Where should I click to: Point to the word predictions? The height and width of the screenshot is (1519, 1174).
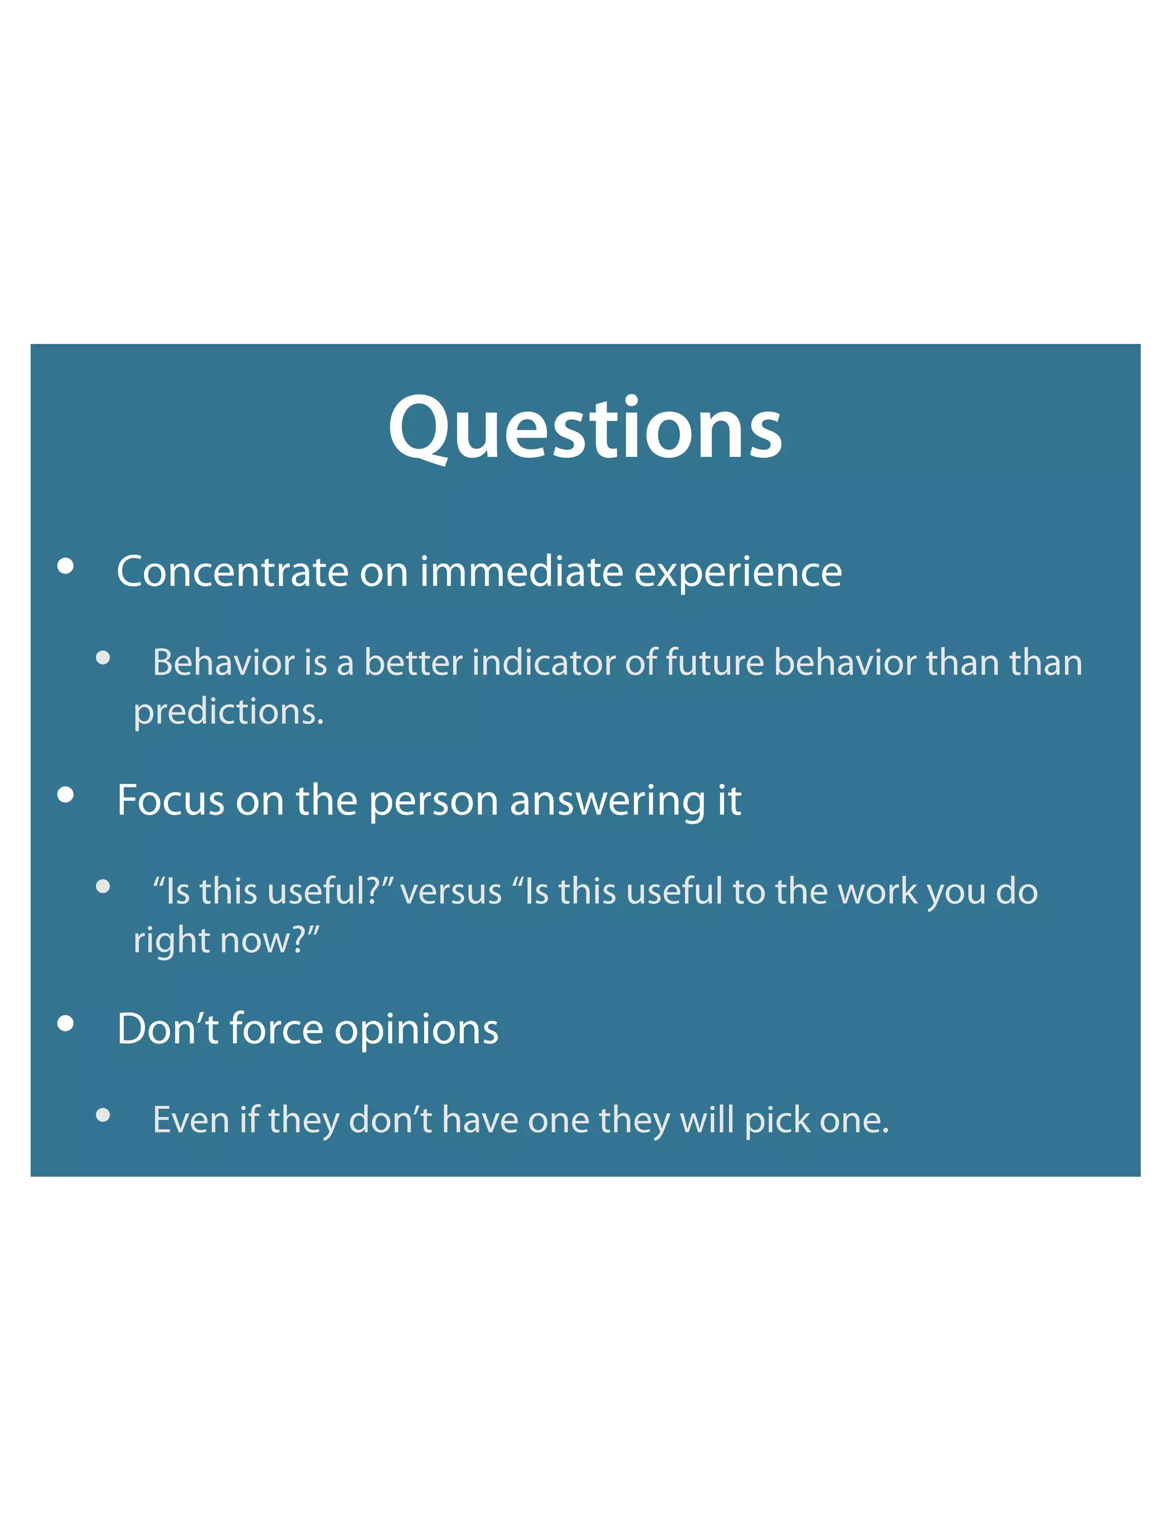point(228,712)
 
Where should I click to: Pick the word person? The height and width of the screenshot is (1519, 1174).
point(433,801)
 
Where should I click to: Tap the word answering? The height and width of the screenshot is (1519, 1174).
point(608,801)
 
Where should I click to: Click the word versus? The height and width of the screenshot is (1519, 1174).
point(451,892)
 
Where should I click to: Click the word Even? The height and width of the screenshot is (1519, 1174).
point(190,1120)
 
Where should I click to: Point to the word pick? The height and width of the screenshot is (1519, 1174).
point(770,1121)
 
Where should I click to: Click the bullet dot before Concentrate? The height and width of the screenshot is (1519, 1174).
point(65,566)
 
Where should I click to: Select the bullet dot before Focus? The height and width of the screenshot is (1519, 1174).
point(65,794)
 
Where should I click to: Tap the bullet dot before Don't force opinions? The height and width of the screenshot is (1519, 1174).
point(65,1023)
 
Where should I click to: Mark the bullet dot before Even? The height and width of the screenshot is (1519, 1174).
point(103,1115)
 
